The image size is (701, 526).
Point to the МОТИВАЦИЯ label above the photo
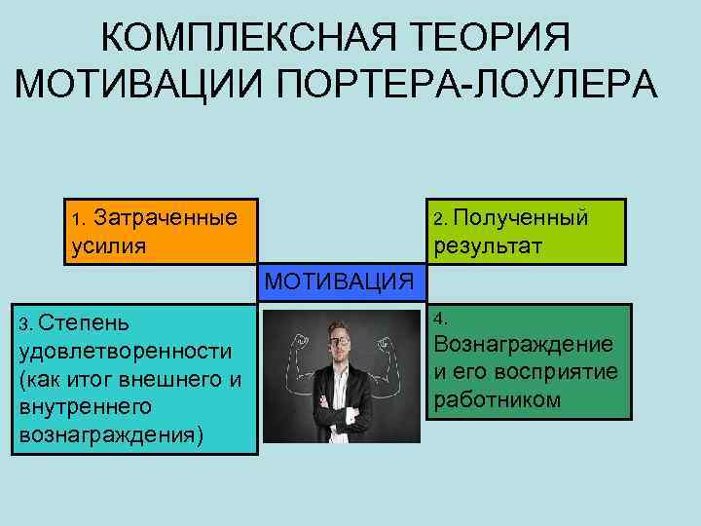[x=338, y=282]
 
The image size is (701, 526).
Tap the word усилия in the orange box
[x=109, y=244]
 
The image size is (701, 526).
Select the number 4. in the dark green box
[x=441, y=319]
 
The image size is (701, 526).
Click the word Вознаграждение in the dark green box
[x=523, y=345]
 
